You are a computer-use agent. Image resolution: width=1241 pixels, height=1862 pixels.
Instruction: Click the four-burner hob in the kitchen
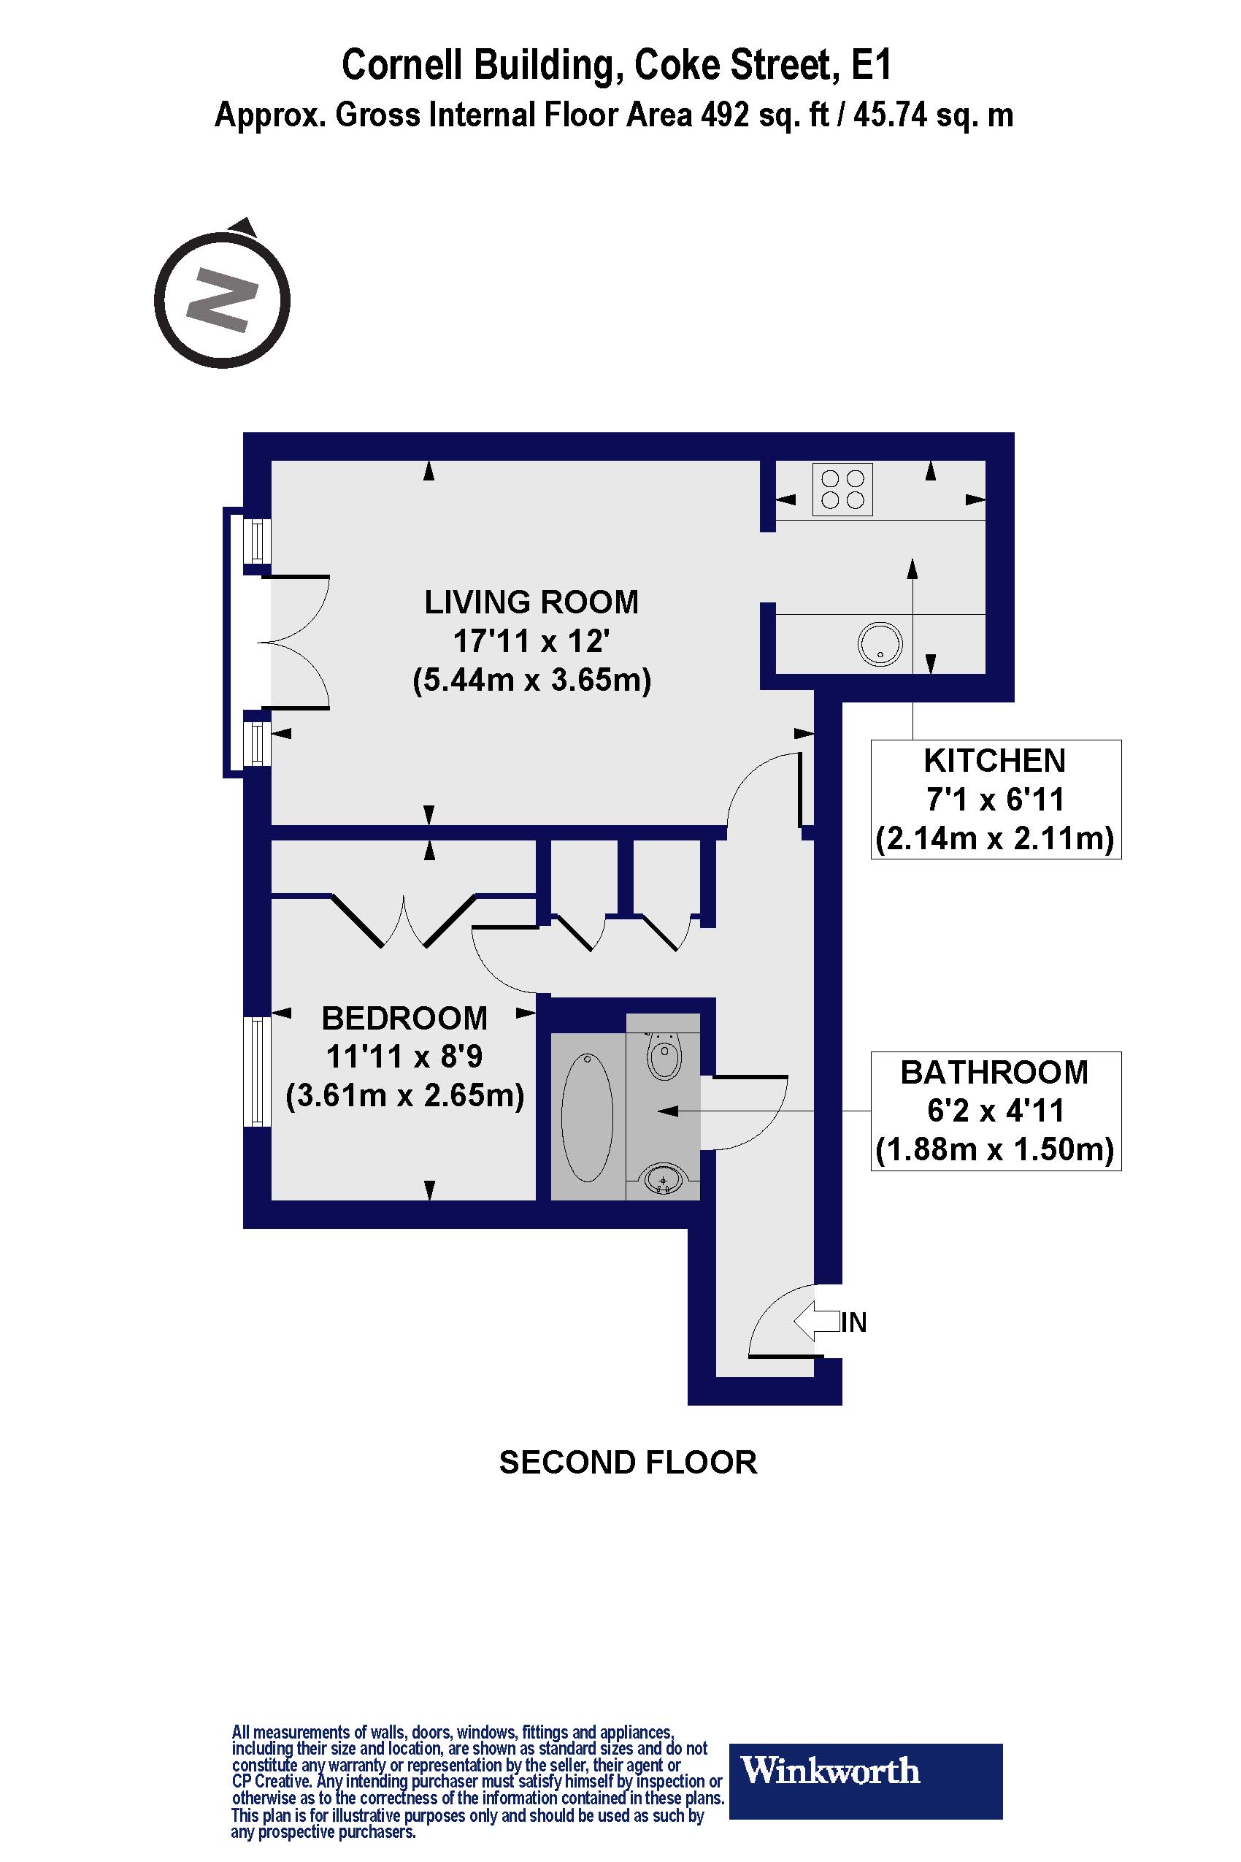(842, 489)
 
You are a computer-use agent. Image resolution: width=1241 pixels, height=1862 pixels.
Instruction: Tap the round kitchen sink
(880, 643)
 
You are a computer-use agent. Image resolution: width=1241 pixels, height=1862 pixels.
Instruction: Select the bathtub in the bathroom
(586, 1117)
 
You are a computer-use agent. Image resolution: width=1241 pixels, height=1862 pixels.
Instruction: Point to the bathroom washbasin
(664, 1181)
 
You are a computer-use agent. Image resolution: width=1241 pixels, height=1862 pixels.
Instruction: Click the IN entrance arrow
(816, 1322)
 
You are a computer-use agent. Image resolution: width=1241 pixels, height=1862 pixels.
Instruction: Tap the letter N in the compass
(223, 300)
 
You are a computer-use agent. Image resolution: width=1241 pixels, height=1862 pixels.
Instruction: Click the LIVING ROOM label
(531, 602)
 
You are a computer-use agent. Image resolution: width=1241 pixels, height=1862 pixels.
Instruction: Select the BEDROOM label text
(404, 1018)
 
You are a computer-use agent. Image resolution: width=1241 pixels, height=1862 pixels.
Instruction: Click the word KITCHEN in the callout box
(995, 761)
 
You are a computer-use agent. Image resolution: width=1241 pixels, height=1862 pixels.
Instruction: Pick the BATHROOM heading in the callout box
(995, 1073)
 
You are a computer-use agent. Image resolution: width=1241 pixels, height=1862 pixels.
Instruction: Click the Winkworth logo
(865, 1770)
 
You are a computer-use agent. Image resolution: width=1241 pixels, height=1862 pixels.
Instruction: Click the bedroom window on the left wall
(256, 1071)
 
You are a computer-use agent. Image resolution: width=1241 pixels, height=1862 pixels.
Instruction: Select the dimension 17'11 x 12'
(531, 641)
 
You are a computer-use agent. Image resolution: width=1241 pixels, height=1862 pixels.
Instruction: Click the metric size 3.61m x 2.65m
(404, 1096)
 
